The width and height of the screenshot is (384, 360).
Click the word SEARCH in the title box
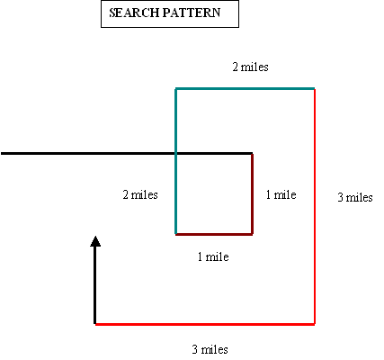134,13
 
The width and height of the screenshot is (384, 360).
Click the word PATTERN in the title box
192,13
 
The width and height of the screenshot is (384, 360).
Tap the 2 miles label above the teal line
250,67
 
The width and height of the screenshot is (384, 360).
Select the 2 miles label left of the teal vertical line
140,194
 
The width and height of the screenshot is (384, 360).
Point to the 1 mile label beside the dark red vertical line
281,194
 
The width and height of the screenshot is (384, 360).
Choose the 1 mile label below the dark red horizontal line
213,256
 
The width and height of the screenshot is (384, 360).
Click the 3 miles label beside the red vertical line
355,197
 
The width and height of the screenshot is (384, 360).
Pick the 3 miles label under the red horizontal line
210,349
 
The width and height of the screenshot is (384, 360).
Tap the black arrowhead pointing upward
95,241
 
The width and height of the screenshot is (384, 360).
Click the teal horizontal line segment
245,88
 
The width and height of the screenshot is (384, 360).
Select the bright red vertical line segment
315,206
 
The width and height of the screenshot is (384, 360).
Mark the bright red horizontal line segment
205,324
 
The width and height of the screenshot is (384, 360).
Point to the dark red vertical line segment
252,193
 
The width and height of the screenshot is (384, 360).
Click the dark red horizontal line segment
214,234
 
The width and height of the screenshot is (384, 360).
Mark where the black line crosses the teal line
176,154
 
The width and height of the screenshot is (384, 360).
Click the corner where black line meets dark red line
252,154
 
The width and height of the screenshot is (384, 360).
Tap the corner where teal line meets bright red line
315,88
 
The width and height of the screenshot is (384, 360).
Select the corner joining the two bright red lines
315,324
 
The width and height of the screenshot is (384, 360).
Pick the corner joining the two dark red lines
252,234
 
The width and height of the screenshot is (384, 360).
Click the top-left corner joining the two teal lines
176,88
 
